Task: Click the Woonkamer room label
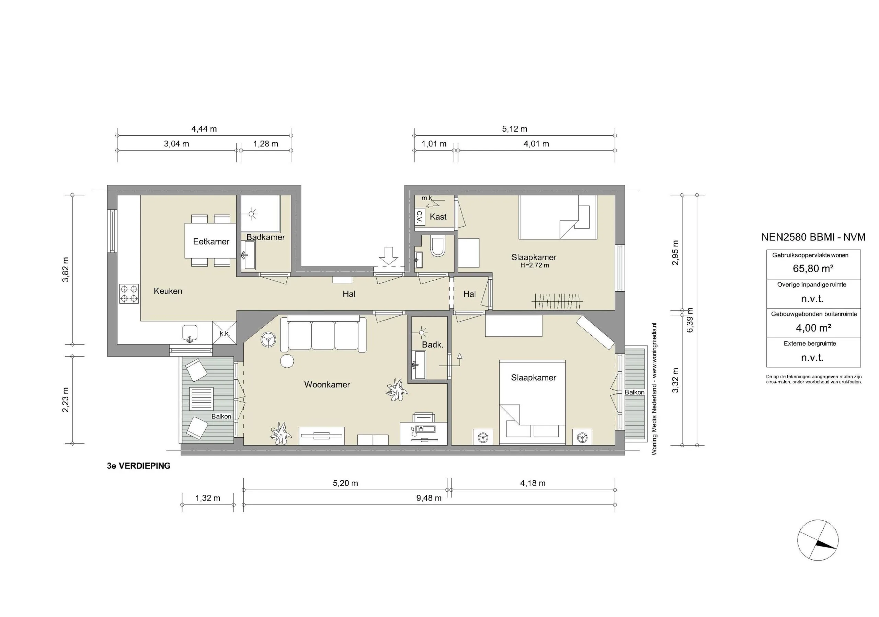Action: click(327, 384)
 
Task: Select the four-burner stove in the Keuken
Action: click(129, 293)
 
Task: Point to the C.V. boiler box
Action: click(420, 217)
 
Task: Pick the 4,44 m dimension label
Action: click(204, 129)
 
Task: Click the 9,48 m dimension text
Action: click(429, 498)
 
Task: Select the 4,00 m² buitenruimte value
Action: click(813, 328)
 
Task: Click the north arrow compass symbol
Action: click(818, 540)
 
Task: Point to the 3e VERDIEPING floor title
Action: click(139, 466)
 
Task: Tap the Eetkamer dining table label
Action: click(211, 242)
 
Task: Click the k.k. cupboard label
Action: click(225, 333)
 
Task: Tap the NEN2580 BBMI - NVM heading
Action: click(813, 237)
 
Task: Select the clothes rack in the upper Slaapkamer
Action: click(557, 301)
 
